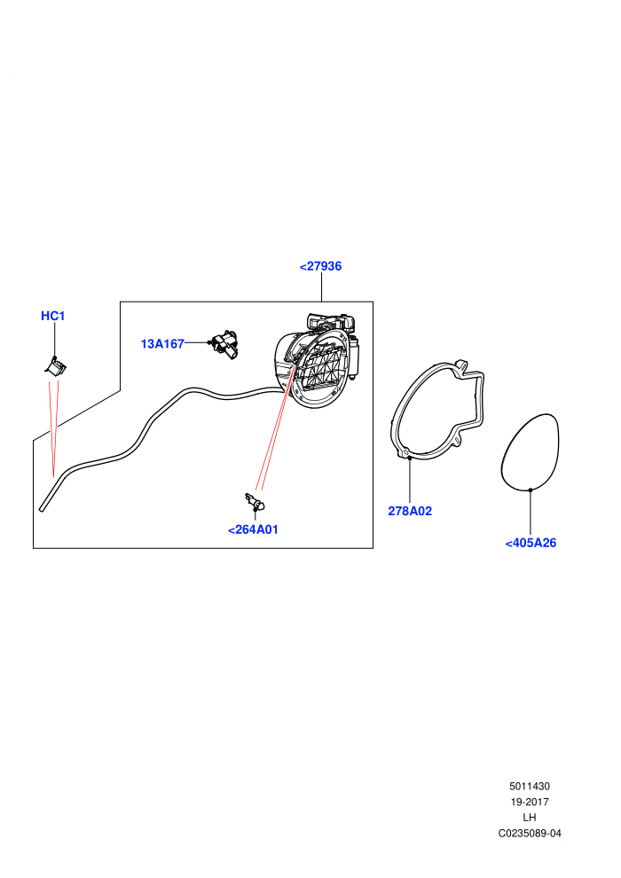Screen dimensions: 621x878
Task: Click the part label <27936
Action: [320, 266]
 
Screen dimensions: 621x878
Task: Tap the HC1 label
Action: [53, 316]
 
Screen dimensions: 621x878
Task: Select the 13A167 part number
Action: [162, 344]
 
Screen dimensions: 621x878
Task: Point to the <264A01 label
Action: [253, 529]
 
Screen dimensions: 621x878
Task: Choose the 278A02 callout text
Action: [410, 511]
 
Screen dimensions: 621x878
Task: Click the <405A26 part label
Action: [531, 543]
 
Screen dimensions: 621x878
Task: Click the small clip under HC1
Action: [55, 367]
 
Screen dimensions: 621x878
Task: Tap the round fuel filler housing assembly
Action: [317, 362]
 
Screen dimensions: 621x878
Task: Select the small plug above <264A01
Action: [255, 500]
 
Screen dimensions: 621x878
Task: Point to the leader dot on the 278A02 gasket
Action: [410, 458]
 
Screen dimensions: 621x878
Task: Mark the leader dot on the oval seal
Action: [531, 490]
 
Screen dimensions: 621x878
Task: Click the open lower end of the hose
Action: [42, 509]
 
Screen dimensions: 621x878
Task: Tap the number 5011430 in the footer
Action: [529, 786]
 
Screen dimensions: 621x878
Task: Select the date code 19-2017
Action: [529, 802]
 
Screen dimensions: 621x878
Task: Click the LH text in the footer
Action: [529, 818]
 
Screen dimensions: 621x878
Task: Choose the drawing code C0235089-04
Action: [529, 833]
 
